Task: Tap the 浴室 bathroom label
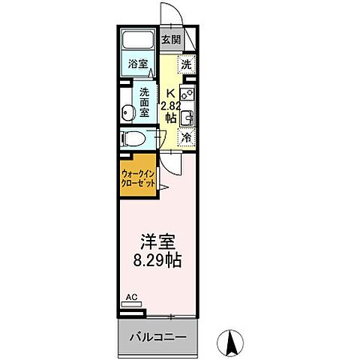pyautogui.click(x=136, y=64)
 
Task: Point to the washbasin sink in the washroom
pyautogui.click(x=129, y=112)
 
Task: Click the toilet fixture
pyautogui.click(x=136, y=139)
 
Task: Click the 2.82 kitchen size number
pyautogui.click(x=171, y=106)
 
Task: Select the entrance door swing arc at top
pyautogui.click(x=172, y=16)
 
